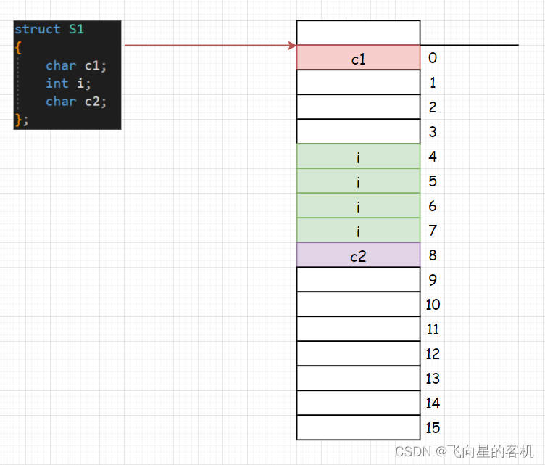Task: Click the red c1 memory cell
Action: [358, 58]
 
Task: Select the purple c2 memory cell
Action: [358, 255]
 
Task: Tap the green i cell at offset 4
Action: [358, 157]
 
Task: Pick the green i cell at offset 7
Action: [358, 231]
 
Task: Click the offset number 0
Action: [433, 58]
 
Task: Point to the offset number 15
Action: [433, 427]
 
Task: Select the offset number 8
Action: [433, 255]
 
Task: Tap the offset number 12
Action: [433, 354]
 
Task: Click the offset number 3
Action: [433, 132]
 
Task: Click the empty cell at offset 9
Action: [358, 279]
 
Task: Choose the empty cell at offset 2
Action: [358, 107]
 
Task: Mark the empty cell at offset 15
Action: [358, 427]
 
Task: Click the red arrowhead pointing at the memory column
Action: [291, 46]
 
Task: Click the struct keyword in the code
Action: [37, 30]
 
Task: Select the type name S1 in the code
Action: [76, 30]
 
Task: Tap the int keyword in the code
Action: [57, 83]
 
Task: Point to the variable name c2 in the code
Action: [93, 102]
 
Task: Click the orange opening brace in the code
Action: [17, 47]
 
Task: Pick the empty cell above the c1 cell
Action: [358, 33]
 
